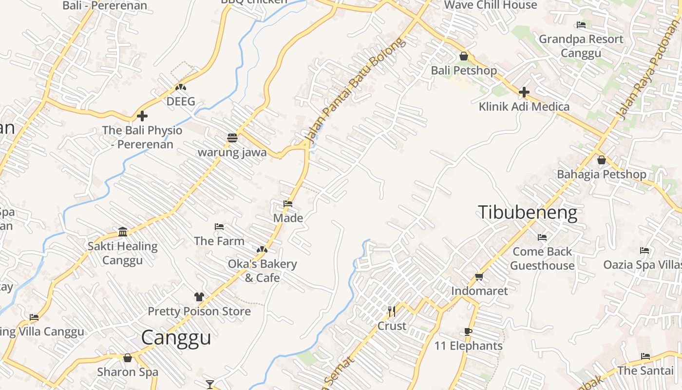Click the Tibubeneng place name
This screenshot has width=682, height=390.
(x=527, y=213)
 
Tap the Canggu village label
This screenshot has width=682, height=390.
(x=176, y=337)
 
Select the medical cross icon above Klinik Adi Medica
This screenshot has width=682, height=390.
(x=524, y=92)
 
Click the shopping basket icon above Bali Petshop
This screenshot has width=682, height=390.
(x=464, y=56)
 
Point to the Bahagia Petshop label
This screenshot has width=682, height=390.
(x=601, y=174)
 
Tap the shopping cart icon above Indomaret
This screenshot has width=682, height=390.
(x=479, y=277)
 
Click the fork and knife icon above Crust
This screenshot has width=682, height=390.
(x=392, y=311)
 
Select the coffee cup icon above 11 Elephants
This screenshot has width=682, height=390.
(x=468, y=332)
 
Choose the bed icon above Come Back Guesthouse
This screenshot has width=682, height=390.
(x=542, y=237)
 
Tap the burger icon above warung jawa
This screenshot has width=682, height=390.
(x=232, y=138)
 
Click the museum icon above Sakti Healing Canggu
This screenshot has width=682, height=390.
(x=123, y=231)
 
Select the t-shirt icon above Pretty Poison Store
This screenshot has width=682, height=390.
(x=199, y=296)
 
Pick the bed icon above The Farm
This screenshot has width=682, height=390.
(x=219, y=227)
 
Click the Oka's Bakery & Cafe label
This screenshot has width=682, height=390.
(x=262, y=271)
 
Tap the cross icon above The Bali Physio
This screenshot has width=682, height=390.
(x=142, y=116)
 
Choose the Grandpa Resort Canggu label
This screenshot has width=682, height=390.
(x=581, y=46)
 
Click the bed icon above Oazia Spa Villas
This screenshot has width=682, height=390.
(x=644, y=251)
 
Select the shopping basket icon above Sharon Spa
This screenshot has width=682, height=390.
(x=128, y=358)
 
